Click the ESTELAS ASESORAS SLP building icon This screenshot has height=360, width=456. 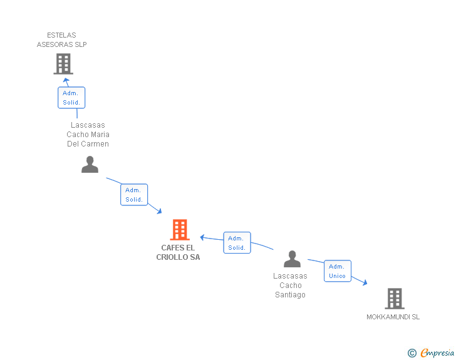click(x=63, y=63)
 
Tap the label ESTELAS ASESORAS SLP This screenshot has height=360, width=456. click(x=61, y=39)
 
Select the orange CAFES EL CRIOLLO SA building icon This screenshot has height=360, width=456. click(x=180, y=230)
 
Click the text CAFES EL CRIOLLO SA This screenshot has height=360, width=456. click(x=178, y=252)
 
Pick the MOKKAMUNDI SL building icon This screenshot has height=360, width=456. click(x=395, y=299)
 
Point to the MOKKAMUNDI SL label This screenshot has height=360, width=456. click(x=393, y=317)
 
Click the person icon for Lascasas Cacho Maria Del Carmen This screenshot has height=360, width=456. click(x=90, y=164)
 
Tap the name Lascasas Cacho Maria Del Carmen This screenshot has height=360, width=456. click(x=88, y=135)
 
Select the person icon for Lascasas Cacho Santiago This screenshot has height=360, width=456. click(x=292, y=259)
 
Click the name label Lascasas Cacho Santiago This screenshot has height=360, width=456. click(x=291, y=285)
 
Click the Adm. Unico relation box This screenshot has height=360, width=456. click(x=338, y=271)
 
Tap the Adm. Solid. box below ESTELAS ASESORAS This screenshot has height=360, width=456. click(x=71, y=98)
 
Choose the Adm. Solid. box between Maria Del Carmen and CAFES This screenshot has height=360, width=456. click(x=134, y=195)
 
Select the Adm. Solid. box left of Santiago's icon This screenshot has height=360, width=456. click(x=237, y=243)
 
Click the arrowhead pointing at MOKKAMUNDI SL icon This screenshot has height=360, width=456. click(x=365, y=283)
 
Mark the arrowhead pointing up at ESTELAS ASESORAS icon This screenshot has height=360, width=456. click(x=66, y=81)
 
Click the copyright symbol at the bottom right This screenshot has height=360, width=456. click(x=412, y=353)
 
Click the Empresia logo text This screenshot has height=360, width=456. click(x=437, y=352)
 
